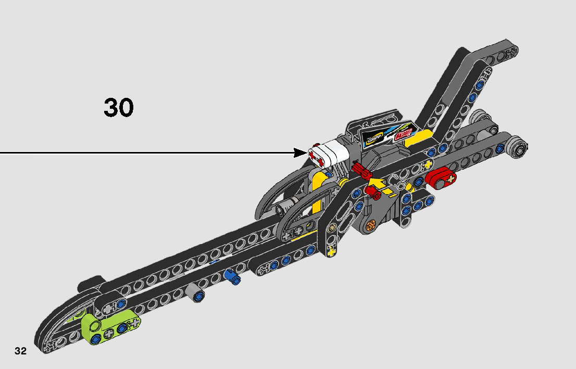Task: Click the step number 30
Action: (x=119, y=107)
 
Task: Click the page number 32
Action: (x=20, y=351)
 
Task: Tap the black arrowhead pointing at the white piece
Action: (x=300, y=152)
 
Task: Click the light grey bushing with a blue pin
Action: (x=197, y=295)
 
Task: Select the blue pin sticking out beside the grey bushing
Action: (x=232, y=276)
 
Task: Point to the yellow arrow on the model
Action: (x=379, y=185)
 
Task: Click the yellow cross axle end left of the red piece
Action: (x=428, y=165)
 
